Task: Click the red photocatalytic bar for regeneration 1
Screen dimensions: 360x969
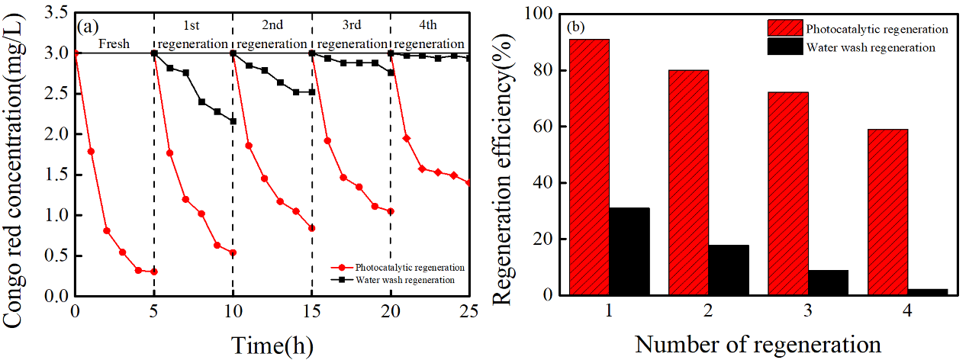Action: click(x=589, y=167)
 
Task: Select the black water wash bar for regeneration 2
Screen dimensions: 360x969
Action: click(x=729, y=270)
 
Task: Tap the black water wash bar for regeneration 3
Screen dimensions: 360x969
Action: click(x=828, y=282)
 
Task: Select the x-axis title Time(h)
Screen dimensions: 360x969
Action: click(x=272, y=344)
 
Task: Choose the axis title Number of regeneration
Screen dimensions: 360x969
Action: click(x=758, y=344)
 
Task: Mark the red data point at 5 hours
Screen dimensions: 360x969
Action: click(x=154, y=272)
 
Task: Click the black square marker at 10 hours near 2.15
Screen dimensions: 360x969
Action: click(x=233, y=121)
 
